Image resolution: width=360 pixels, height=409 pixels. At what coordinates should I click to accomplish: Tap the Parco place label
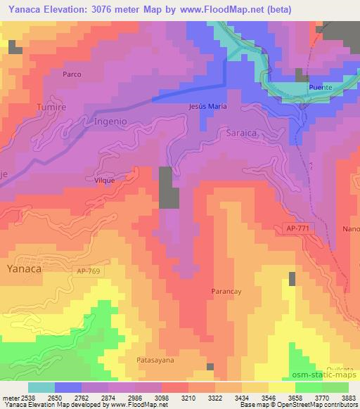coord(72,74)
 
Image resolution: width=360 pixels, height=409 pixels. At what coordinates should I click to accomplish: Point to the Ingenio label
coord(110,121)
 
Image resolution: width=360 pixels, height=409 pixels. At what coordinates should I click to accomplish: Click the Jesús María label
coord(207,106)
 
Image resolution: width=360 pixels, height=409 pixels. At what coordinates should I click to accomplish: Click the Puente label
coord(320,87)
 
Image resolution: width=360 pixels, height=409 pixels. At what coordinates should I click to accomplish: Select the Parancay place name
coord(227,290)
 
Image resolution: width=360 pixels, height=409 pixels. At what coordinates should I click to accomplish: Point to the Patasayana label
coord(155,360)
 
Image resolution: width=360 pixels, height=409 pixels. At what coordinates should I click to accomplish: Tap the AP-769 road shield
coord(89,270)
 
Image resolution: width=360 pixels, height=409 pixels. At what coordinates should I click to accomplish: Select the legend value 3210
coord(189,397)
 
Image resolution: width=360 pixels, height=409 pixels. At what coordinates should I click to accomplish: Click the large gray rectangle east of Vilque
coord(168,188)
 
